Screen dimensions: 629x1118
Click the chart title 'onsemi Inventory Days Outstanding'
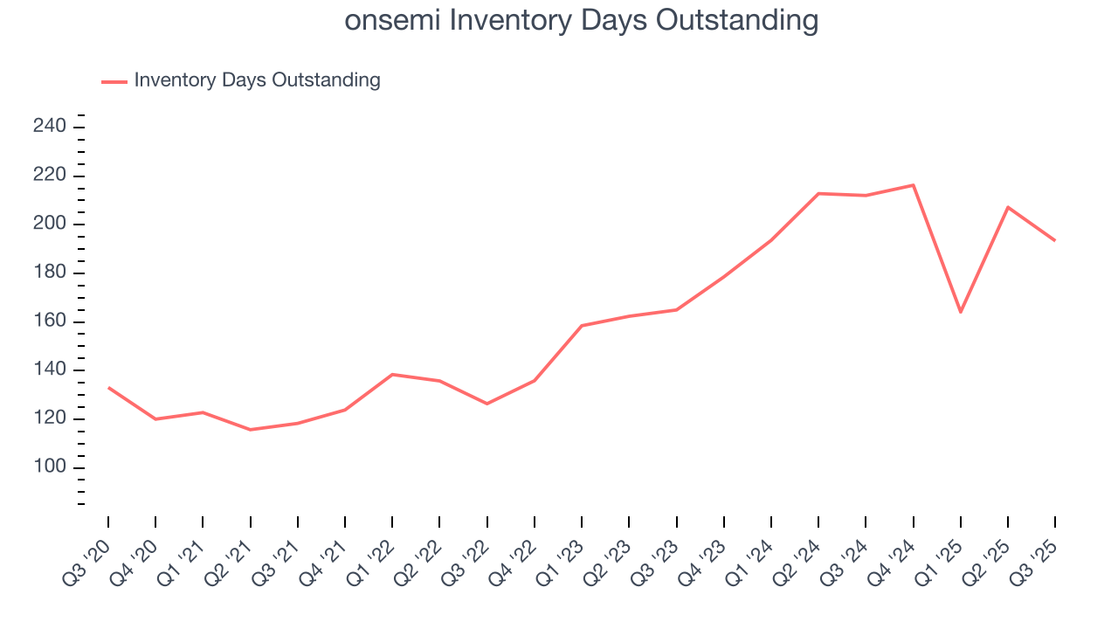coord(582,20)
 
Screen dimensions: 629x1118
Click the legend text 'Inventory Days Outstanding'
coord(257,80)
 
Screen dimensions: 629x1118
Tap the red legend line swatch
coord(114,81)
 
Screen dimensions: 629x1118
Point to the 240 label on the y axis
coord(50,127)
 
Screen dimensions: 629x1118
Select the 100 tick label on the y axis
coord(50,467)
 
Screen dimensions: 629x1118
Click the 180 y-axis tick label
coord(50,273)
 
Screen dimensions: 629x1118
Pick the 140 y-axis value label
coord(50,370)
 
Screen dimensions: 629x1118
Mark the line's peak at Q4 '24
coord(913,185)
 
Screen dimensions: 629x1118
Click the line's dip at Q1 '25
coord(960,312)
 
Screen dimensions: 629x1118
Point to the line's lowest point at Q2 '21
coord(251,430)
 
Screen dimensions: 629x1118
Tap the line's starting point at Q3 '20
coord(108,387)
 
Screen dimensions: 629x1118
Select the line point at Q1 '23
coord(582,326)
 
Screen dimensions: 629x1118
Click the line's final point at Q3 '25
coord(1054,240)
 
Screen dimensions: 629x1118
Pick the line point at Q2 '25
coord(1008,207)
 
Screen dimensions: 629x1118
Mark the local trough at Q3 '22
coord(487,404)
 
